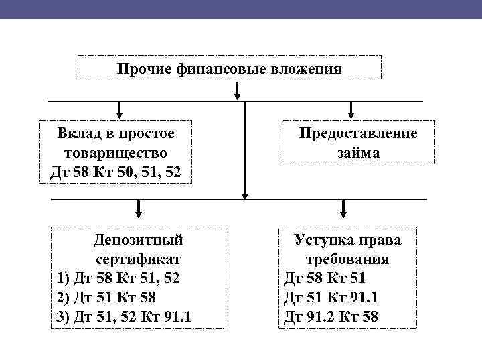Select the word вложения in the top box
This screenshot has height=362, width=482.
point(308,69)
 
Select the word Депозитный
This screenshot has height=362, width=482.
point(139,239)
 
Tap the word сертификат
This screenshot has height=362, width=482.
point(139,258)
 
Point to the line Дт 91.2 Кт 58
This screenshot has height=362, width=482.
point(331,316)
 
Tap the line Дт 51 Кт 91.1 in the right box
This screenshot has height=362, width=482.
point(331,297)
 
